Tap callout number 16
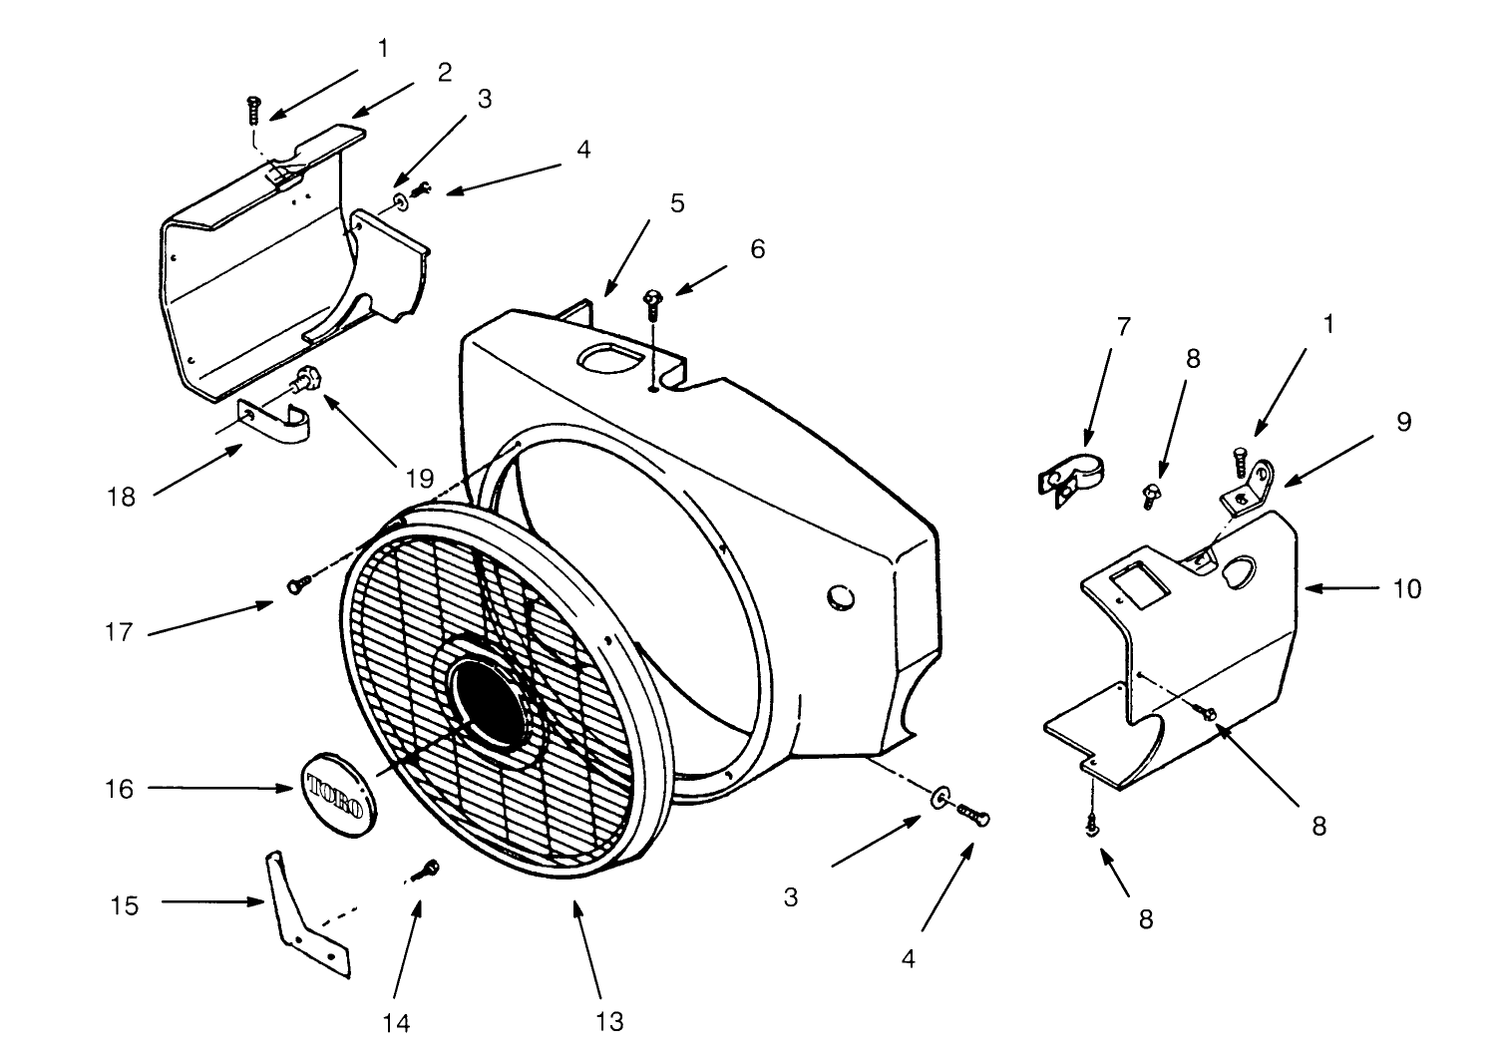(120, 789)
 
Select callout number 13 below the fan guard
(609, 1021)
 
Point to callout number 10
(1406, 589)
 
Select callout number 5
(677, 203)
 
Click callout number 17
(119, 632)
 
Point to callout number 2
(444, 72)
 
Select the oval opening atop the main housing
(604, 359)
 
